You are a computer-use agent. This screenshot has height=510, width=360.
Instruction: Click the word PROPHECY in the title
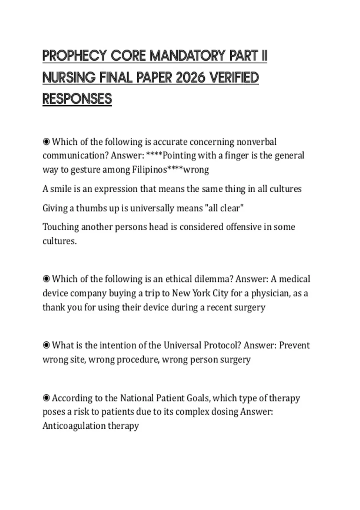click(x=75, y=56)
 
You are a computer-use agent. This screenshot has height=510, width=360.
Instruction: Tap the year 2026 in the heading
click(x=190, y=78)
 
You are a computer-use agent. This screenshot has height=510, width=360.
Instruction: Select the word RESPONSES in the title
click(x=77, y=99)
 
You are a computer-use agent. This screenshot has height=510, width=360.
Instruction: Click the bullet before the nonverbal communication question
click(x=46, y=142)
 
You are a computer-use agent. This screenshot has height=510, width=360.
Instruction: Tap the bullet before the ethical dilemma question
click(x=46, y=279)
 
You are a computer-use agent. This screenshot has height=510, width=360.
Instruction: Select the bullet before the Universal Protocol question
click(x=46, y=345)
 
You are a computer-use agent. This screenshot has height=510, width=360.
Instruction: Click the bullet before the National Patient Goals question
click(x=46, y=398)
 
